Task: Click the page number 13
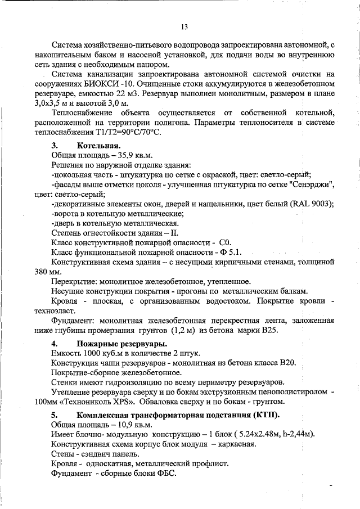184,26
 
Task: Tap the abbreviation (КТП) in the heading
267,415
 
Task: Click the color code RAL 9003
310,204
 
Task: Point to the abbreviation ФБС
165,474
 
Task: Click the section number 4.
54,343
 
